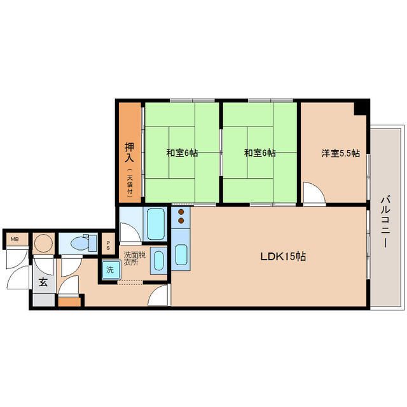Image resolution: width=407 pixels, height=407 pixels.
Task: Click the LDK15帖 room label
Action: click(x=283, y=257)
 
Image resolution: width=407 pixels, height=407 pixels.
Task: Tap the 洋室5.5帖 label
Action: click(x=341, y=153)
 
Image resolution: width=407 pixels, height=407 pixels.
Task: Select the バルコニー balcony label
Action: click(x=385, y=222)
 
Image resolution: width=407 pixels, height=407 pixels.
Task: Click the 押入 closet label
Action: click(x=130, y=153)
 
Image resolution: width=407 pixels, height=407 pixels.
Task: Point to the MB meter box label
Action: click(x=15, y=239)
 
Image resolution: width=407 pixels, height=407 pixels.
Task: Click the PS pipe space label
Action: click(x=108, y=245)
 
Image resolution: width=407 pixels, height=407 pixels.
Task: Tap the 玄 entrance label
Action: click(x=43, y=282)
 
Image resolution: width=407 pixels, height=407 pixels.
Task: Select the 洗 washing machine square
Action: click(x=111, y=270)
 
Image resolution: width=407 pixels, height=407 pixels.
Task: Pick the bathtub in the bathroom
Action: click(x=156, y=224)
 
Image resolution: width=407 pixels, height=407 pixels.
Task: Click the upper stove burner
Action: click(x=181, y=212)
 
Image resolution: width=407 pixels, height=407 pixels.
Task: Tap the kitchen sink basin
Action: click(x=181, y=254)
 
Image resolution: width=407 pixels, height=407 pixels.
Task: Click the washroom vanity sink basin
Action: click(x=158, y=260)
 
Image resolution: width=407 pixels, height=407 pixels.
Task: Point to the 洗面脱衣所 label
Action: click(x=135, y=259)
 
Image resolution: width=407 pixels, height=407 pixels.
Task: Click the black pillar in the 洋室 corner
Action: click(x=362, y=108)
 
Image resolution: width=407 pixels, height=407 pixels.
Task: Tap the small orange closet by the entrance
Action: click(x=69, y=302)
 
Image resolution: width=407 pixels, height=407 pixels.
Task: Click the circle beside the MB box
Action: click(x=43, y=244)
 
